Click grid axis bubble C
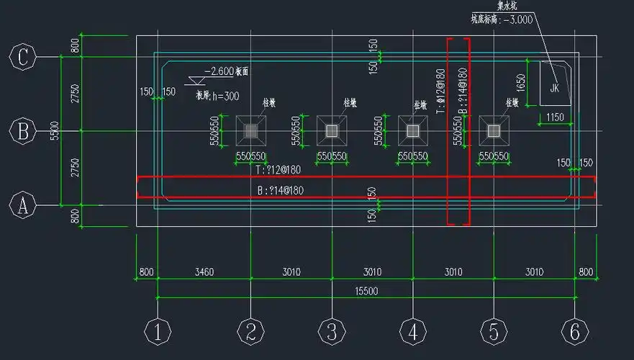pos(23,56)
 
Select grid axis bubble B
pos(23,131)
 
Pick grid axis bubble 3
pos(331,332)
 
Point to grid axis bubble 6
pos(574,332)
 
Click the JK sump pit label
pos(554,88)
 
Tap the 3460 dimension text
pos(204,272)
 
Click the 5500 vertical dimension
pos(55,131)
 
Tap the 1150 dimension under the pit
pos(554,117)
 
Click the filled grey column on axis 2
pos(250,130)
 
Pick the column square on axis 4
pos(412,130)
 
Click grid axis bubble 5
pos(494,332)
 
